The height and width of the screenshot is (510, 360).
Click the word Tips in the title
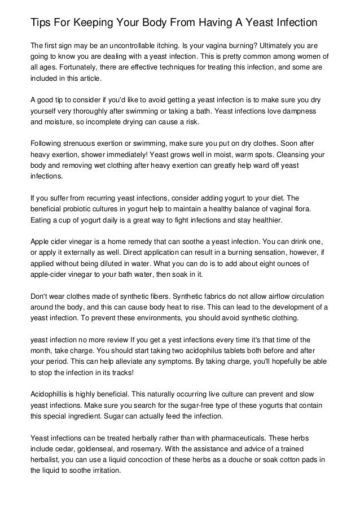(41, 23)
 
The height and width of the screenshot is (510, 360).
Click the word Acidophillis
(51, 394)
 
